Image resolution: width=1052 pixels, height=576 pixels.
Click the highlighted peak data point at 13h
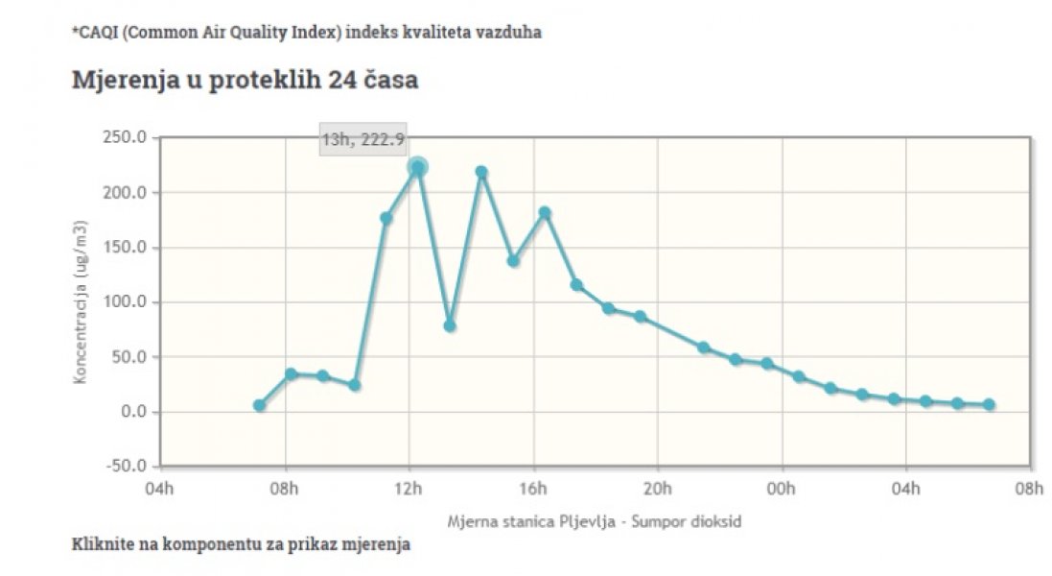coord(417,167)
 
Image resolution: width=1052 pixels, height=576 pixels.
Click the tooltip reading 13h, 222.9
coord(362,139)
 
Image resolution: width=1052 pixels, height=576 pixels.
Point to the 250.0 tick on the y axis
coord(125,137)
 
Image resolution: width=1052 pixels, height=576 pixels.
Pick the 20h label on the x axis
coord(658,489)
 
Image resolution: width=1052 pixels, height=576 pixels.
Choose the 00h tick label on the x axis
coord(782,489)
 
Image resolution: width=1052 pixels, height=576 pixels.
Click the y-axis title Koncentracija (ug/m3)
coord(82,302)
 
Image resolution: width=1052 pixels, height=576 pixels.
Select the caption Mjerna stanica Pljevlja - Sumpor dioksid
coord(594,521)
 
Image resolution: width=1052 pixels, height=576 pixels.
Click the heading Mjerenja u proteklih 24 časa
coord(245,80)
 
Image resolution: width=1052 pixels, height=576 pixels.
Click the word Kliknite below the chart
coord(104,544)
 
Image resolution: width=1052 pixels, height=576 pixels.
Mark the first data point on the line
coord(259,405)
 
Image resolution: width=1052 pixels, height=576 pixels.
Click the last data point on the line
coord(989,404)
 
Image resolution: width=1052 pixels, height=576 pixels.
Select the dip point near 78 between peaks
coord(449,325)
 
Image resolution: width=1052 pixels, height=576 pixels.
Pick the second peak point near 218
coord(481,172)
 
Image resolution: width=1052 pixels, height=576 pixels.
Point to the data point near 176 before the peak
coord(386,218)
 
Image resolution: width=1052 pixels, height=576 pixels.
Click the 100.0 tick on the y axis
coord(125,302)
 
